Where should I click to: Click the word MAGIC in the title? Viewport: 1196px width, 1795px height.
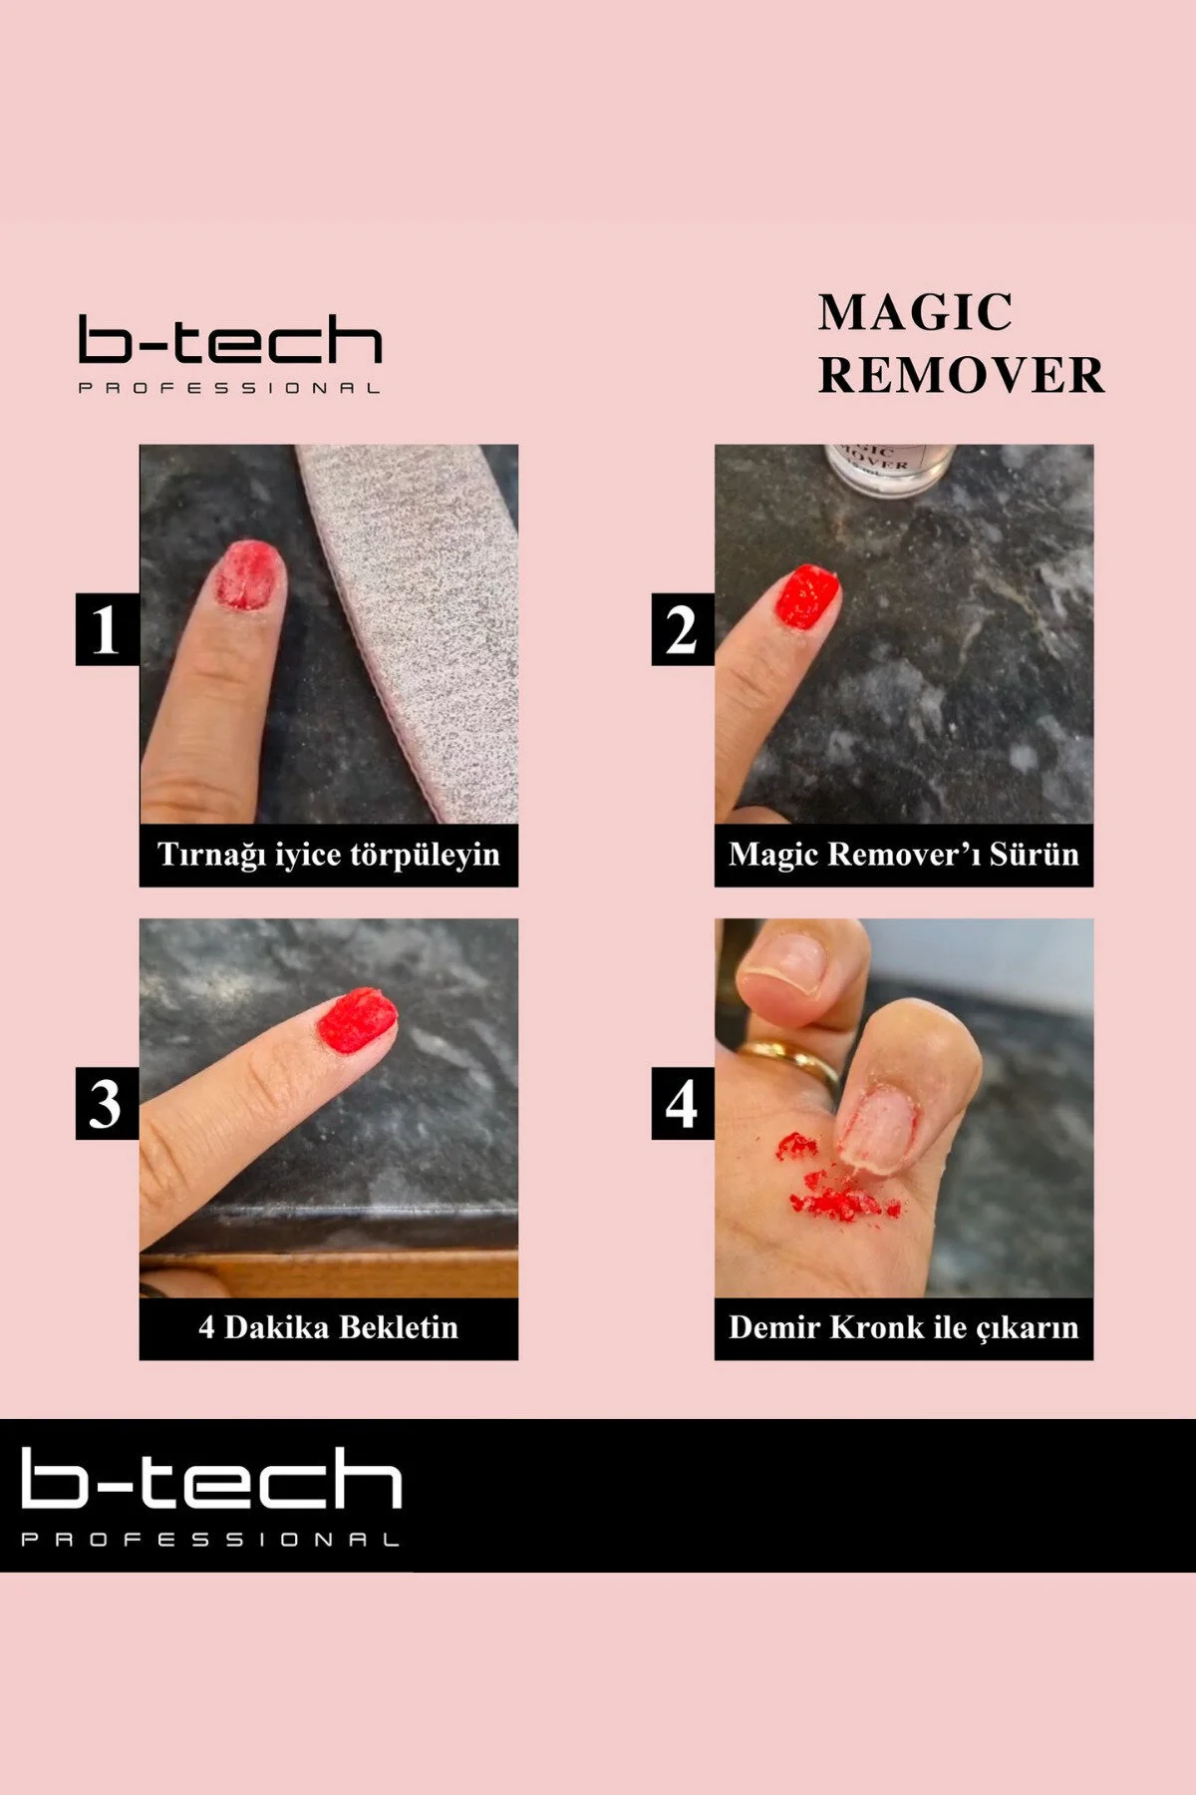coord(915,312)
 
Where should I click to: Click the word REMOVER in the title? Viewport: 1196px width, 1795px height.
coord(962,376)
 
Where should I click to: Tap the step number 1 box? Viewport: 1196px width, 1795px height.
coord(107,629)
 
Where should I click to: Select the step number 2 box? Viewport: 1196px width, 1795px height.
coord(683,629)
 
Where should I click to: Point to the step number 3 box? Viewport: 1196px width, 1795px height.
coord(107,1103)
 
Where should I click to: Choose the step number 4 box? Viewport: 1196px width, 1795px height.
coord(683,1103)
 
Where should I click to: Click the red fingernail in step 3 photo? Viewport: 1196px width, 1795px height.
coord(356,1020)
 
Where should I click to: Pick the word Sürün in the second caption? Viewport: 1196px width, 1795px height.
coord(1034,855)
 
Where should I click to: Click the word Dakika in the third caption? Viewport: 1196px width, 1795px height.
coord(280,1327)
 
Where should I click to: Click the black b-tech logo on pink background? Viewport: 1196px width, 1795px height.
coord(230,354)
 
